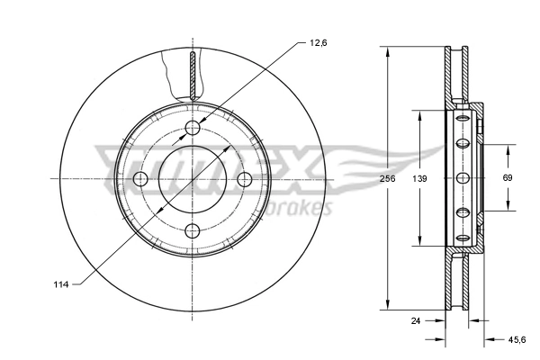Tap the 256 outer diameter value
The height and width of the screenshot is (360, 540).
tap(387, 179)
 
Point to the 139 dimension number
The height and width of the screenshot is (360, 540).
tap(419, 179)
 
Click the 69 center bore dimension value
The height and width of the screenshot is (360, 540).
tap(508, 179)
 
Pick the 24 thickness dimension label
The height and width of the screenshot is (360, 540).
tap(415, 319)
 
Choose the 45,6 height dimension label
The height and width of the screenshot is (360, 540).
tap(516, 339)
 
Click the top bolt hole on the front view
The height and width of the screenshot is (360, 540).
tap(193, 128)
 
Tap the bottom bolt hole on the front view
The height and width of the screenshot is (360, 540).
tap(193, 232)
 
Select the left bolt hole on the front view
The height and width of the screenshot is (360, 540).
tap(140, 180)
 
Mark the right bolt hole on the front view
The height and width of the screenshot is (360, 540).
tap(245, 180)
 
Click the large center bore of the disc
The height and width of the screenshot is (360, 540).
tap(193, 180)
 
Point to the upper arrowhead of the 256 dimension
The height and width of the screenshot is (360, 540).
tap(387, 50)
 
